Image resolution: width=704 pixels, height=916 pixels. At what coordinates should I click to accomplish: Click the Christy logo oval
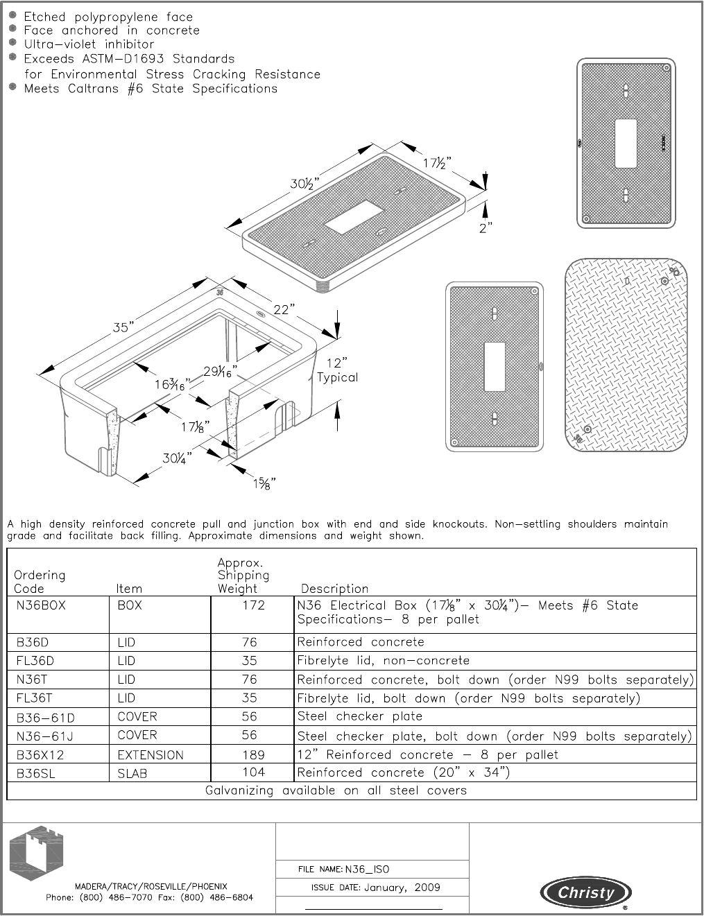coord(586,892)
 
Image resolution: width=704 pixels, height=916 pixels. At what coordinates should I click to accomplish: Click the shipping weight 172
coord(253,605)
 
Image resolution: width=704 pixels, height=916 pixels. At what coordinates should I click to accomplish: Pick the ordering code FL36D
coord(35,661)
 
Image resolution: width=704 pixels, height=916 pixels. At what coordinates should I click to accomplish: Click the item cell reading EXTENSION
coord(151,754)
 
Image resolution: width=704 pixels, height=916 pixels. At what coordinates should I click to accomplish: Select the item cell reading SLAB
coord(132,773)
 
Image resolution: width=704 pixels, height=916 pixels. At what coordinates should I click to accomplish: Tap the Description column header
coord(334,589)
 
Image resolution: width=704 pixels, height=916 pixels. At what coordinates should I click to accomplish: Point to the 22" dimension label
coord(284,310)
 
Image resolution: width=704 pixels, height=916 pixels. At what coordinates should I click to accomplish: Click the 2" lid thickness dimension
coord(486,227)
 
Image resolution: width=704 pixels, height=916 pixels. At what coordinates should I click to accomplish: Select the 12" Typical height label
coord(337,370)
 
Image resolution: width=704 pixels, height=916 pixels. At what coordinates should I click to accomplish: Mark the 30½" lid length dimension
coord(303,184)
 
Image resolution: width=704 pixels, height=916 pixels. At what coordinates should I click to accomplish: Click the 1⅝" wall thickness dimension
coord(264,484)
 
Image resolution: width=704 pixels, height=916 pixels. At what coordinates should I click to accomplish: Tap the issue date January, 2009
coord(402,888)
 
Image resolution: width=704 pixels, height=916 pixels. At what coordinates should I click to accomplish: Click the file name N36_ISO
coord(368,869)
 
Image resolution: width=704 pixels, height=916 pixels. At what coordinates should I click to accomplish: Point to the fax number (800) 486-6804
coord(216,897)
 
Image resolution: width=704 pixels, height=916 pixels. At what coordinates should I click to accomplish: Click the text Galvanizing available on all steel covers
coord(336,790)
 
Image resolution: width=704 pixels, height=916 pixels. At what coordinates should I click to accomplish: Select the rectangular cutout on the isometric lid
coord(353,218)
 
